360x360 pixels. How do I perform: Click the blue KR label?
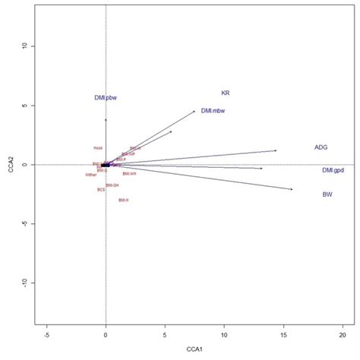click(x=226, y=93)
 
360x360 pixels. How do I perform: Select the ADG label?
click(x=321, y=147)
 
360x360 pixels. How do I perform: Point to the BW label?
click(x=327, y=194)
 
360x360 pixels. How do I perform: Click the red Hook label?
click(x=98, y=148)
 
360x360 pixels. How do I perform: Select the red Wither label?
click(x=91, y=175)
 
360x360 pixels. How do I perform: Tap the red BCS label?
click(x=100, y=190)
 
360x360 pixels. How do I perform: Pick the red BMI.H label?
click(x=123, y=200)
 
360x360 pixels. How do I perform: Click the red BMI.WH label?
click(x=129, y=173)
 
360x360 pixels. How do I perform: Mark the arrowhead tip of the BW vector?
click(x=292, y=189)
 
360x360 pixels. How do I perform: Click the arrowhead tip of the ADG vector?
click(x=276, y=150)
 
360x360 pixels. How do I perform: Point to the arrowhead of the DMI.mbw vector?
click(x=195, y=111)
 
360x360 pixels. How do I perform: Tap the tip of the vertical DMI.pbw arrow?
click(x=106, y=119)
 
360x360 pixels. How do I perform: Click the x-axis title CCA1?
click(x=194, y=350)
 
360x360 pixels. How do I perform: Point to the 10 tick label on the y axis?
click(x=25, y=46)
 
